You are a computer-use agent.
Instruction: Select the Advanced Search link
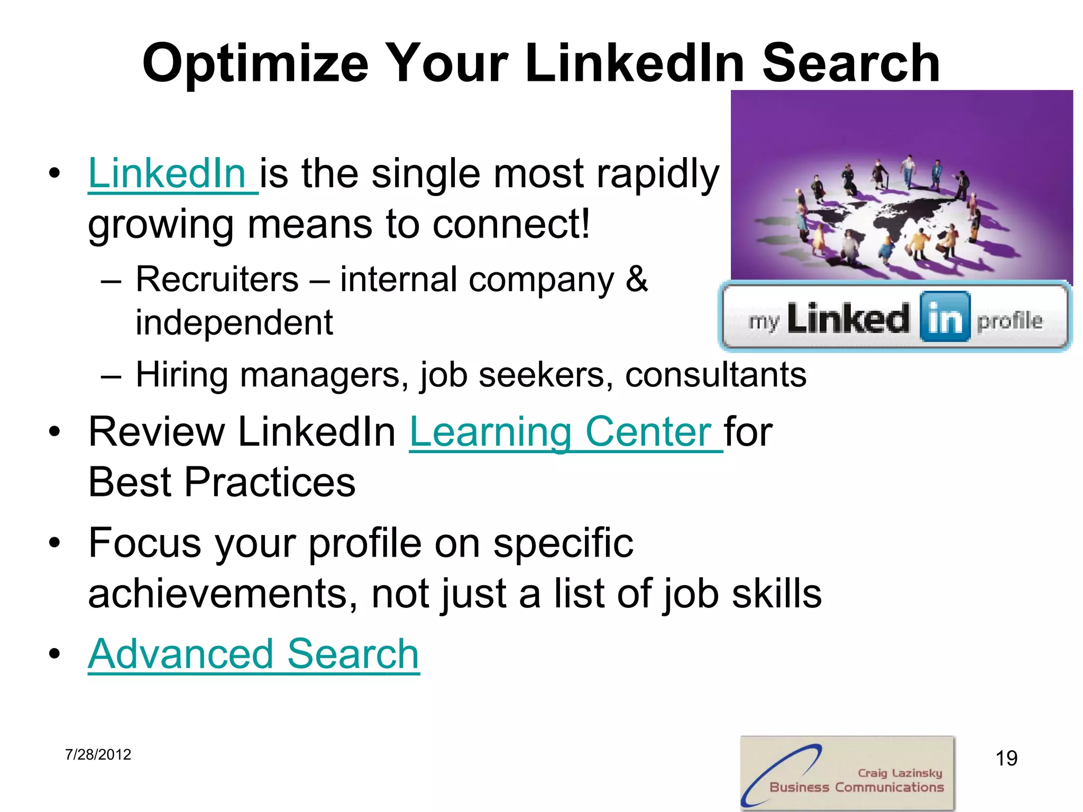coord(254,654)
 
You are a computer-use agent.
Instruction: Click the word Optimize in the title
coord(255,63)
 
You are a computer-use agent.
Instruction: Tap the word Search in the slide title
coord(850,63)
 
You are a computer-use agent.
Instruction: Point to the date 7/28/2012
coord(98,754)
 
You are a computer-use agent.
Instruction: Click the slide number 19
coord(1006,758)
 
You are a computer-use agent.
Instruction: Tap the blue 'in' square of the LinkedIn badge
coord(944,317)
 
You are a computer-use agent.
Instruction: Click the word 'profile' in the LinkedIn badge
coord(1009,320)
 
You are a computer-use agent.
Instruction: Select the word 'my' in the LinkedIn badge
coord(764,321)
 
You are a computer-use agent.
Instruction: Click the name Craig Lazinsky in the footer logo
coord(900,773)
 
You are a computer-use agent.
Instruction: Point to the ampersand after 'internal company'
coord(637,279)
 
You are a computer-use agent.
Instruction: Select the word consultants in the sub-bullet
coord(715,375)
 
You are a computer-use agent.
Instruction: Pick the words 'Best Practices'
coord(222,482)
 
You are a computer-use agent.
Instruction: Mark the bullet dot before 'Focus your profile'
coord(54,543)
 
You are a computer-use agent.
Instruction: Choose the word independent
coord(234,322)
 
